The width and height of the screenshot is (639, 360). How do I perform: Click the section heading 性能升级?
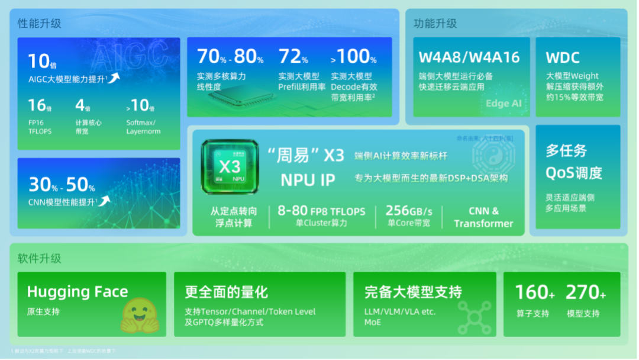[40, 24]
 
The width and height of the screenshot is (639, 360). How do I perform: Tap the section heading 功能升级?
[435, 24]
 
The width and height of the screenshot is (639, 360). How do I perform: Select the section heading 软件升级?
[40, 259]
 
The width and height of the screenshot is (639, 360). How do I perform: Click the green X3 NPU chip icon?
[230, 167]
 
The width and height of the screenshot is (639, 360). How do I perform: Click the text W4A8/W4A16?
[469, 57]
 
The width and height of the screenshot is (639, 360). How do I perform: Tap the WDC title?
[563, 58]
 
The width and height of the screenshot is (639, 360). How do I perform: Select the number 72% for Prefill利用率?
[293, 57]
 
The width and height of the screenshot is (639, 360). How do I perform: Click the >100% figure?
[353, 57]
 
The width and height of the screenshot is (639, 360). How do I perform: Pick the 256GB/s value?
[409, 211]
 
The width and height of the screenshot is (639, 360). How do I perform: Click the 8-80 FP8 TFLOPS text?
[321, 211]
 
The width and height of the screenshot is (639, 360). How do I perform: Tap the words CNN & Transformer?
[483, 217]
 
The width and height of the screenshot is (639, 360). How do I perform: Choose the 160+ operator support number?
[535, 292]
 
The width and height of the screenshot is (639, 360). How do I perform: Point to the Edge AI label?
[504, 103]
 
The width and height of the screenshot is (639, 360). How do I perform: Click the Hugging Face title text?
[78, 292]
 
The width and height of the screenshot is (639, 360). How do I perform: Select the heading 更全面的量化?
[227, 292]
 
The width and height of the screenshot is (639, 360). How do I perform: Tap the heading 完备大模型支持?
[413, 292]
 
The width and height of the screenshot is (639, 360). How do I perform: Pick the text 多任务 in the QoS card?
[566, 151]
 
